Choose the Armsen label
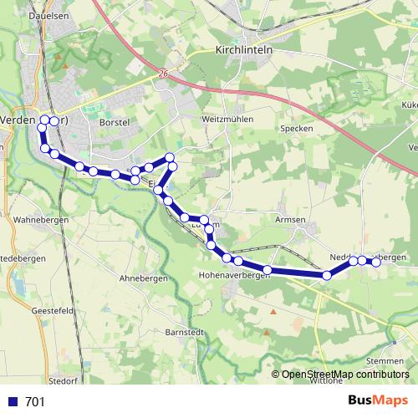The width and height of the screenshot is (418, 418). pyautogui.click(x=291, y=219)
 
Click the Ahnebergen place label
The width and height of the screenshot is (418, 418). pyautogui.click(x=144, y=278)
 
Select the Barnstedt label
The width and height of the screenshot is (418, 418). pyautogui.click(x=185, y=332)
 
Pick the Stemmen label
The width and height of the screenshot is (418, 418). pyautogui.click(x=385, y=360)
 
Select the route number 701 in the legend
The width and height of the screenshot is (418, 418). pyautogui.click(x=35, y=401)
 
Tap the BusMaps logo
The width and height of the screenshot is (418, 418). pyautogui.click(x=379, y=400)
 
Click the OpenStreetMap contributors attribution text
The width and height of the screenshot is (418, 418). pyautogui.click(x=346, y=375)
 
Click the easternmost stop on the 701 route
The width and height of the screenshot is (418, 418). pyautogui.click(x=375, y=262)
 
